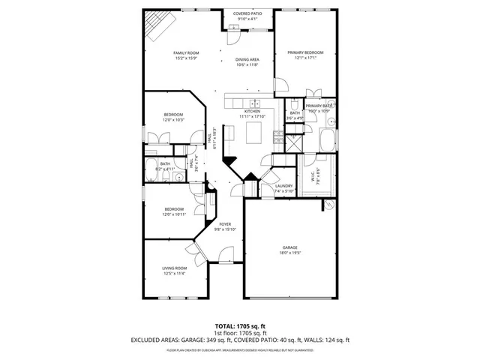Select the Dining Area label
coord(247,59)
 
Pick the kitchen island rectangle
coord(255,132)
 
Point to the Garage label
coord(290,247)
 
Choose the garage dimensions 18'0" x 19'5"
coord(290,253)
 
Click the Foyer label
coord(225,224)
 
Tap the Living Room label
coord(174,268)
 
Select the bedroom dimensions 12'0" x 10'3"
coord(174,120)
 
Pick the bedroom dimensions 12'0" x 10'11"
coord(174,214)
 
